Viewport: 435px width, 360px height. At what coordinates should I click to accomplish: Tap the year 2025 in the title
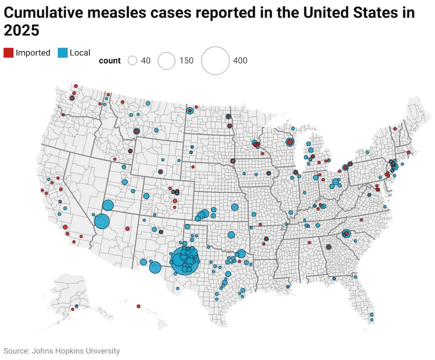(x=21, y=31)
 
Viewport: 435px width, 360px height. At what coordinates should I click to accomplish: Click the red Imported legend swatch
(x=8, y=53)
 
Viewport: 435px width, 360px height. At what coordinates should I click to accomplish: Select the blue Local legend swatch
(x=63, y=53)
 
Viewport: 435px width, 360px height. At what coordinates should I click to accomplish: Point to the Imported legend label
(x=33, y=53)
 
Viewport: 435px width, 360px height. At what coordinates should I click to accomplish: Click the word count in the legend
(x=110, y=61)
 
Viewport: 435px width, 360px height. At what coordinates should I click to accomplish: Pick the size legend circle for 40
(x=132, y=61)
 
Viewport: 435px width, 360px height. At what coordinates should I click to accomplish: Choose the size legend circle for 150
(x=167, y=61)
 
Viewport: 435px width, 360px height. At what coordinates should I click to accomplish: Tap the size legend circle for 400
(x=215, y=61)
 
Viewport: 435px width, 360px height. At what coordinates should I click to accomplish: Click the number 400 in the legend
(x=240, y=61)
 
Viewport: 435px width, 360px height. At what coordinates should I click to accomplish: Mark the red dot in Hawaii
(x=138, y=306)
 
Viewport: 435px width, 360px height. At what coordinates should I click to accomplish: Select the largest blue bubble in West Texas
(x=185, y=260)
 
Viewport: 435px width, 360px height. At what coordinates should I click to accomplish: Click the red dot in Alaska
(x=72, y=310)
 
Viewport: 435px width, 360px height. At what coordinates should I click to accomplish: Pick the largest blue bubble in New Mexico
(x=155, y=268)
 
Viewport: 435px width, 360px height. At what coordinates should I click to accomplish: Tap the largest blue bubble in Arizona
(x=102, y=221)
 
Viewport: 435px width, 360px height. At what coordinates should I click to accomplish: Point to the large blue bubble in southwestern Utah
(x=107, y=206)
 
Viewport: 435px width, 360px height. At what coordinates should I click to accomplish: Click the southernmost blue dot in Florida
(x=372, y=320)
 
